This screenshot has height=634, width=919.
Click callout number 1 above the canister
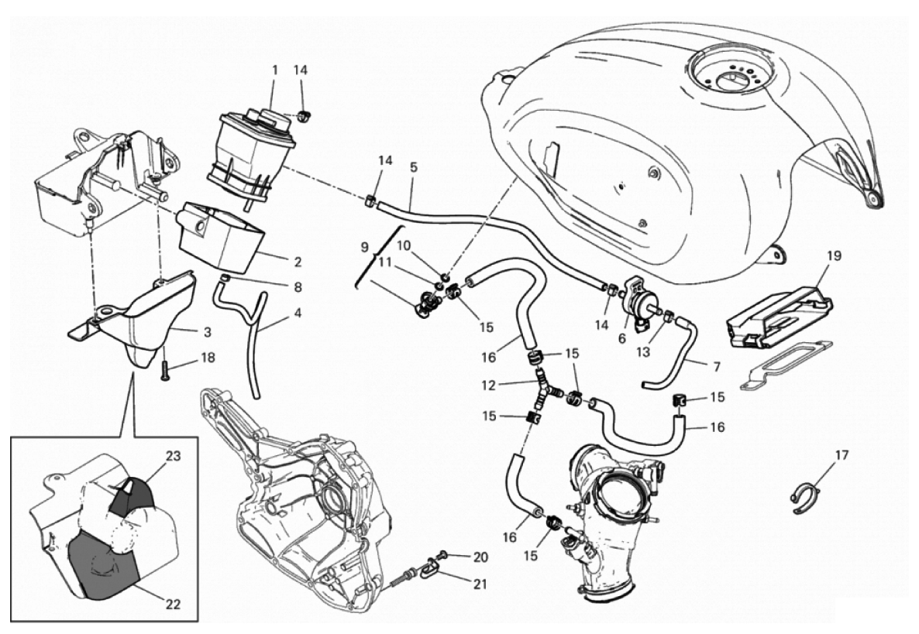pos(274,70)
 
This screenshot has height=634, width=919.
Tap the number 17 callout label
pos(835,454)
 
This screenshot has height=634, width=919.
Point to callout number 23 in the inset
pos(174,456)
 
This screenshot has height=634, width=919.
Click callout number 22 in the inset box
pos(173,605)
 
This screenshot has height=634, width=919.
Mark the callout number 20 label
pos(481,557)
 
